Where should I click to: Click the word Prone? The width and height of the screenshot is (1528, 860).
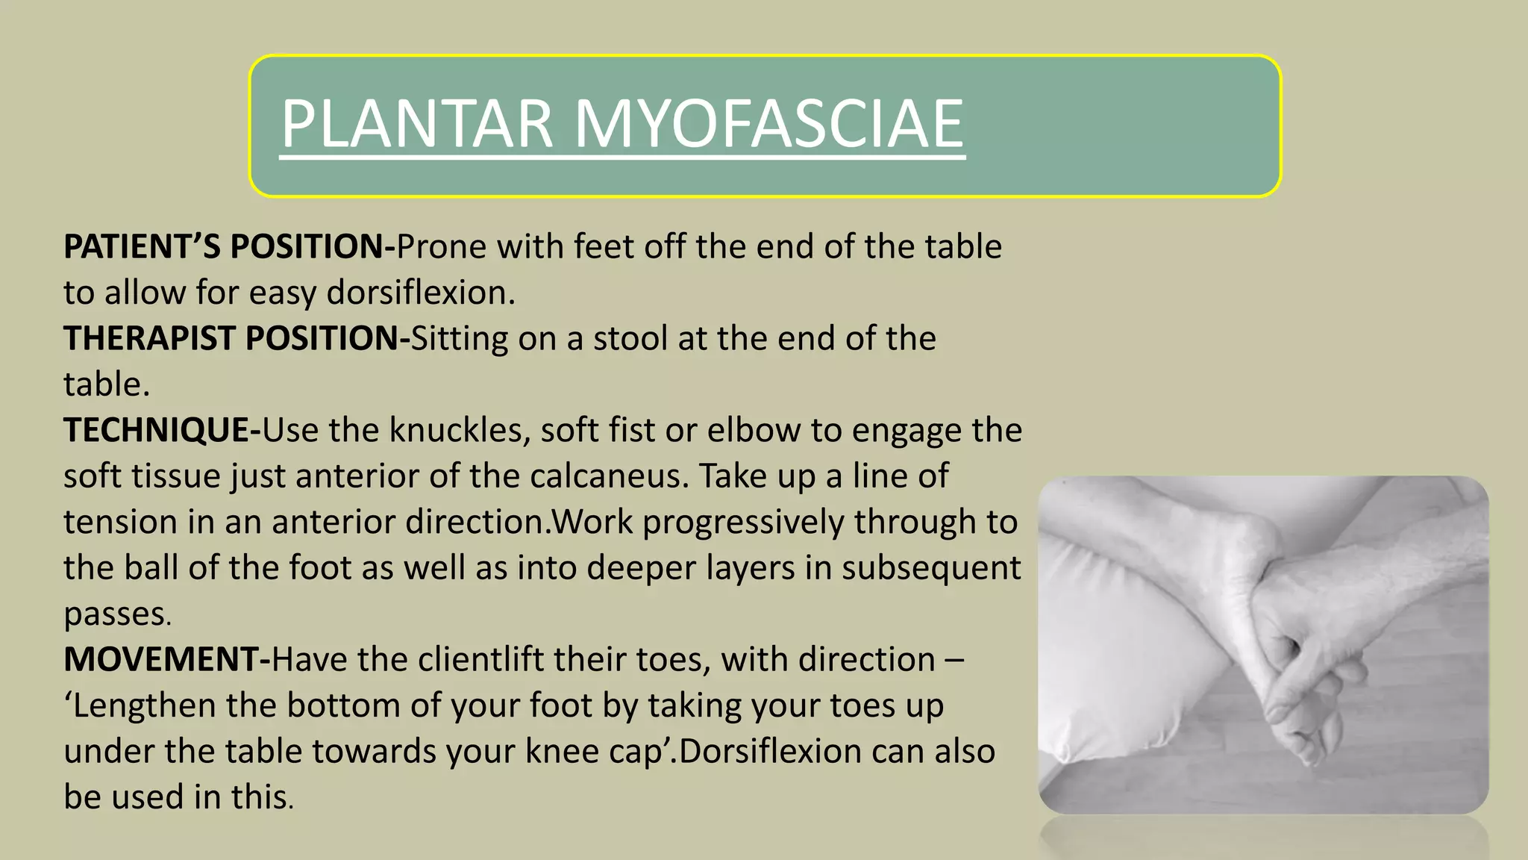click(x=442, y=246)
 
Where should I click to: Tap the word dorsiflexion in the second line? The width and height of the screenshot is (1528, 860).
click(x=420, y=293)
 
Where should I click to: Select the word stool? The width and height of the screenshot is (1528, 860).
click(x=630, y=338)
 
